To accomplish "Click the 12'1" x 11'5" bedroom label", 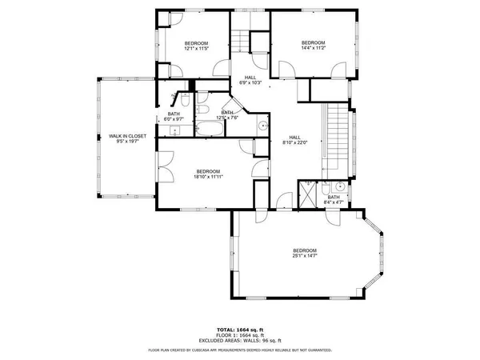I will pyautogui.click(x=196, y=46).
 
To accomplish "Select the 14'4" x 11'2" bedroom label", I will pyautogui.click(x=313, y=46).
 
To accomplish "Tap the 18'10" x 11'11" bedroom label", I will pyautogui.click(x=208, y=174).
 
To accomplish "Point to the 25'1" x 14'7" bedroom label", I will pyautogui.click(x=304, y=254).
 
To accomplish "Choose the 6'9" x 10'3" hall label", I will pyautogui.click(x=250, y=80).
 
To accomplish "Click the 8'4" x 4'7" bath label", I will pyautogui.click(x=333, y=200).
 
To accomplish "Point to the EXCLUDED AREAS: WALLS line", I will pyautogui.click(x=240, y=342).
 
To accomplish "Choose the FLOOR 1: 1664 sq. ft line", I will pyautogui.click(x=240, y=336).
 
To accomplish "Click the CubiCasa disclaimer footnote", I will pyautogui.click(x=240, y=350).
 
